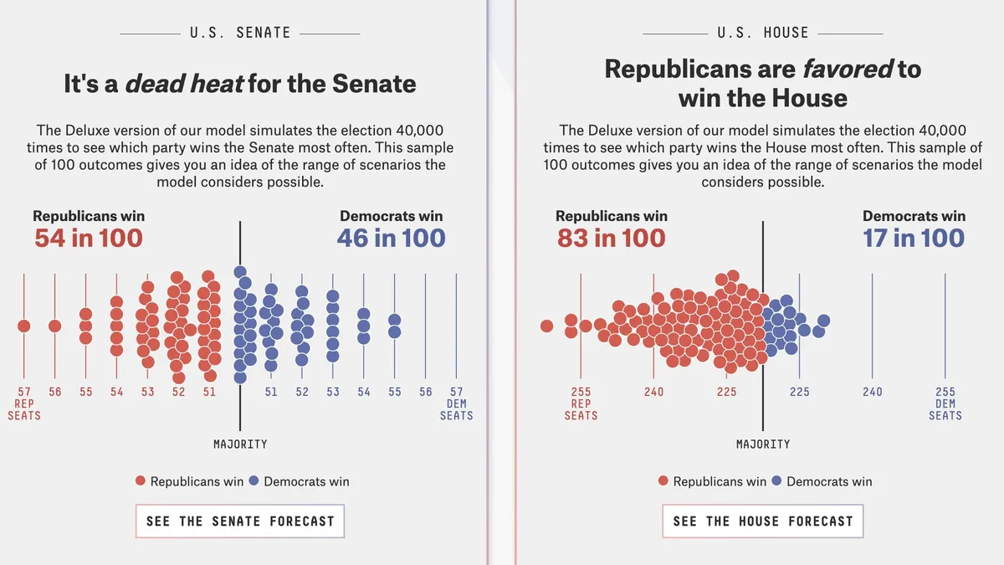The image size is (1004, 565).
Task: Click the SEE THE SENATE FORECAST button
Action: pos(239,521)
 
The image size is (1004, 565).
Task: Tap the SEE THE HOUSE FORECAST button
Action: pos(762,521)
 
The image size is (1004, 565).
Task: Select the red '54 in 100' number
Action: pos(89,238)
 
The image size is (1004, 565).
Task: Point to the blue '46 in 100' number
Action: pos(391,238)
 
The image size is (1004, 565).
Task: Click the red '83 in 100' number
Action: pos(612,238)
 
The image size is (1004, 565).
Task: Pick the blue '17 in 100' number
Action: pos(914,238)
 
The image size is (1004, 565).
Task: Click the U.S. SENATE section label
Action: pos(239,33)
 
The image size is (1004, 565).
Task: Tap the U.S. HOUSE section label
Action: pos(762,33)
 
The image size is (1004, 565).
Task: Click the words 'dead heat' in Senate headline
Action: pos(184,84)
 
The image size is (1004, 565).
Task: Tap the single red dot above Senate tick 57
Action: pos(24,326)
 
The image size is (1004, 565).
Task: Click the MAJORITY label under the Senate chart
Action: pos(240,444)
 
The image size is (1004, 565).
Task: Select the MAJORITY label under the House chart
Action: pos(763,444)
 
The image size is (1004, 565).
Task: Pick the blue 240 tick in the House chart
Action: pos(873,392)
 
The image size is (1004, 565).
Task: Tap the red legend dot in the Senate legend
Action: pos(141,481)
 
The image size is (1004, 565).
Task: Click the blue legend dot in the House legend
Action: pos(776,481)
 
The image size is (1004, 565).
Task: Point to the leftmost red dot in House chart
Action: pos(547,326)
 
